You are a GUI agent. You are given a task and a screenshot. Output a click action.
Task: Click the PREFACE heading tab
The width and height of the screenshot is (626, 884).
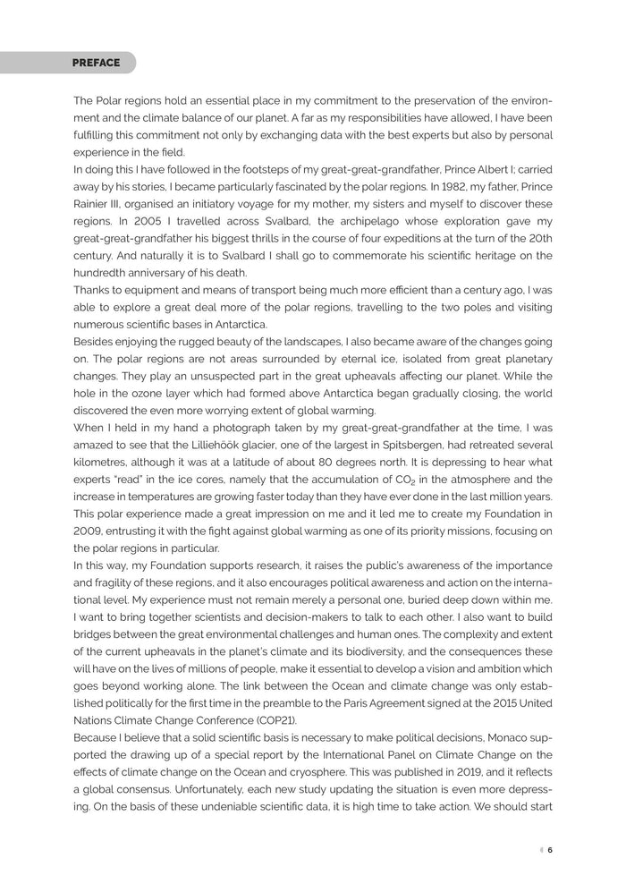[97, 63]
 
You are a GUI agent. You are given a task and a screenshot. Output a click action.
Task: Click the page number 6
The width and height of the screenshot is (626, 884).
[551, 850]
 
